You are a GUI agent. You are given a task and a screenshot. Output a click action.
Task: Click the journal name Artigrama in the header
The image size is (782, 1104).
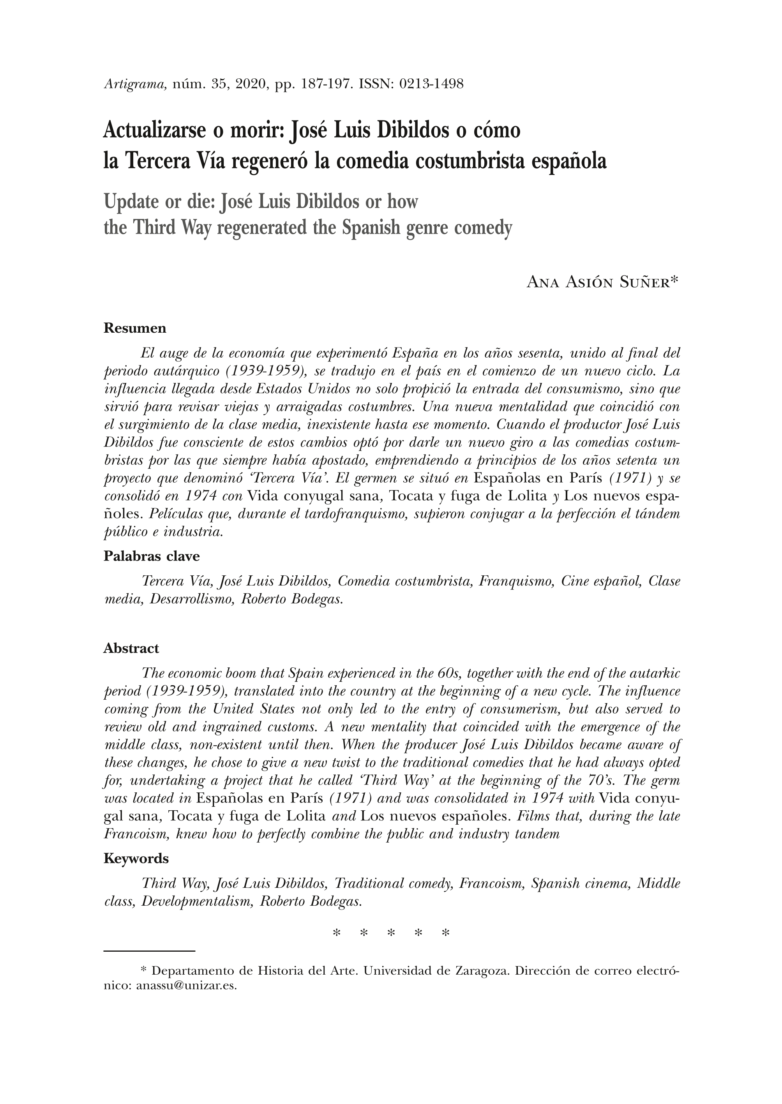pyautogui.click(x=135, y=85)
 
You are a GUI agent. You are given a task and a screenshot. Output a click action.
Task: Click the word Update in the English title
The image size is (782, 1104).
pyautogui.click(x=131, y=201)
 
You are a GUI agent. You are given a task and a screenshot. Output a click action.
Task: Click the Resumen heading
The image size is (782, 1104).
pyautogui.click(x=135, y=328)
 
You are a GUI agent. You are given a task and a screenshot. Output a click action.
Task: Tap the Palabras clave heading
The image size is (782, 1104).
pyautogui.click(x=151, y=557)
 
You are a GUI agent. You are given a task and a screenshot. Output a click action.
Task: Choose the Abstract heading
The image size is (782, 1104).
pyautogui.click(x=131, y=649)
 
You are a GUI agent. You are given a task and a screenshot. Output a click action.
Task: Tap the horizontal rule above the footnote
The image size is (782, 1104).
pyautogui.click(x=149, y=951)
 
